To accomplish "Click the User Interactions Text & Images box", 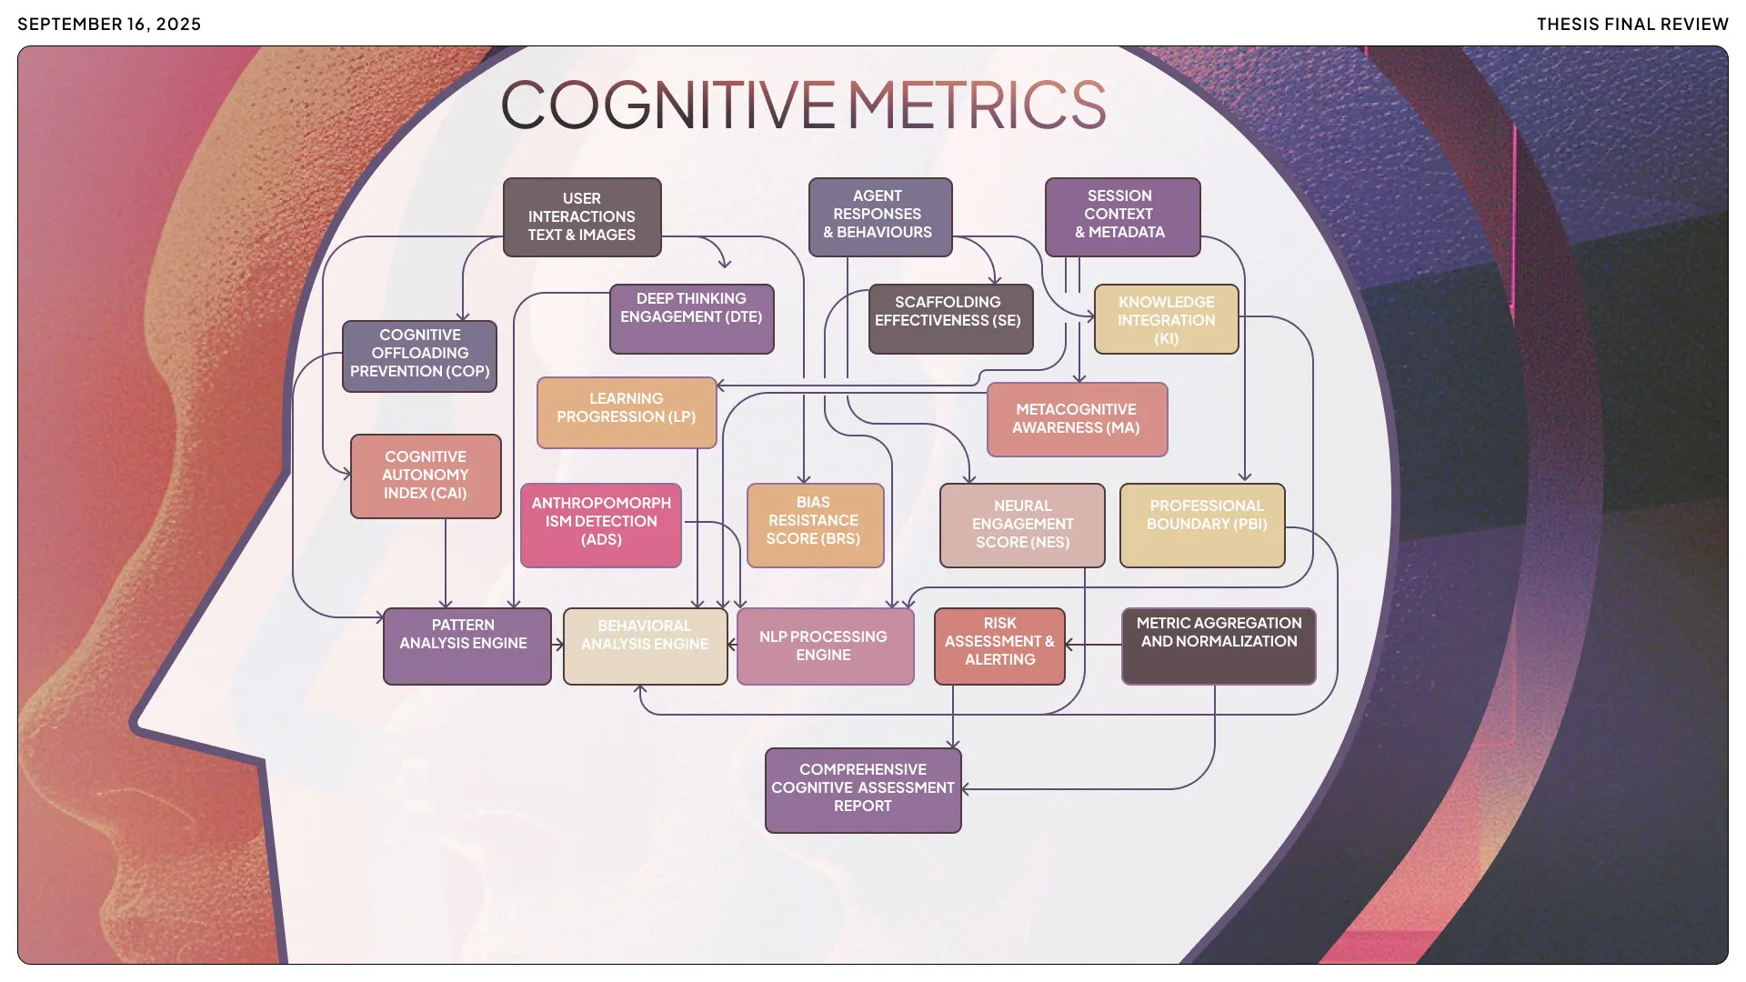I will click(x=582, y=217).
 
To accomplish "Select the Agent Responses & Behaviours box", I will click(x=879, y=216).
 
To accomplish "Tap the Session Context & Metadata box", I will click(x=1122, y=216).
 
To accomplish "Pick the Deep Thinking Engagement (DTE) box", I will click(x=691, y=318).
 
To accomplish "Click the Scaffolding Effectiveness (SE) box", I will click(x=950, y=318).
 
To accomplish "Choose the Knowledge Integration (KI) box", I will click(x=1166, y=319).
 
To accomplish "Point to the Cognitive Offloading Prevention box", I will click(x=419, y=356).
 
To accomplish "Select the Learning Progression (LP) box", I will click(x=627, y=412).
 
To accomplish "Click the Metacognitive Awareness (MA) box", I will click(x=1077, y=419).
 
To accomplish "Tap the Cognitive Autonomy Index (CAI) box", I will click(x=426, y=476).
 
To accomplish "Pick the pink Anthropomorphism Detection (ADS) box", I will click(x=601, y=525).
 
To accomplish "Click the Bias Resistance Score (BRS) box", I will click(x=815, y=525).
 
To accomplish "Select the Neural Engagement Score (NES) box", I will click(x=1022, y=525).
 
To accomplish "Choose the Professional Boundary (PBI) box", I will click(x=1202, y=525).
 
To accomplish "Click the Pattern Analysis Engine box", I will click(x=467, y=646).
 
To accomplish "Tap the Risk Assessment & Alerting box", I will click(x=999, y=646).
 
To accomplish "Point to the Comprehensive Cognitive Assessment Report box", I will click(x=863, y=790).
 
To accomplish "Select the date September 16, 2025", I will click(x=109, y=25).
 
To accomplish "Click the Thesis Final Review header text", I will click(x=1632, y=25).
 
